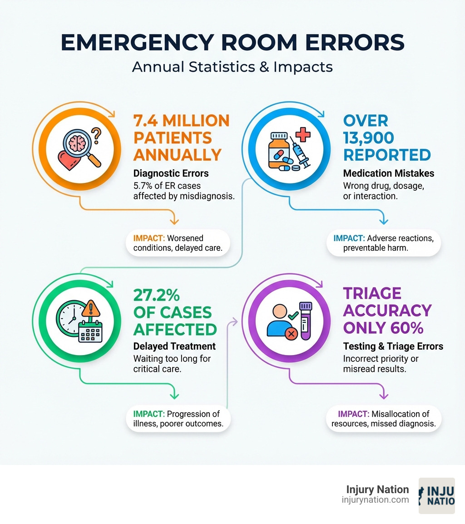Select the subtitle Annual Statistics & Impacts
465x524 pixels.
pyautogui.click(x=232, y=67)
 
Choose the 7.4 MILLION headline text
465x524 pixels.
pyautogui.click(x=181, y=121)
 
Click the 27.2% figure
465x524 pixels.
pyautogui.click(x=156, y=295)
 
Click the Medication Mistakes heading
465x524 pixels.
pyautogui.click(x=389, y=173)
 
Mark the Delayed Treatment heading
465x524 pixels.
pyautogui.click(x=174, y=346)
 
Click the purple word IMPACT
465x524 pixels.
pyautogui.click(x=354, y=414)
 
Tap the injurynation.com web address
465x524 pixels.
pyautogui.click(x=375, y=500)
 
